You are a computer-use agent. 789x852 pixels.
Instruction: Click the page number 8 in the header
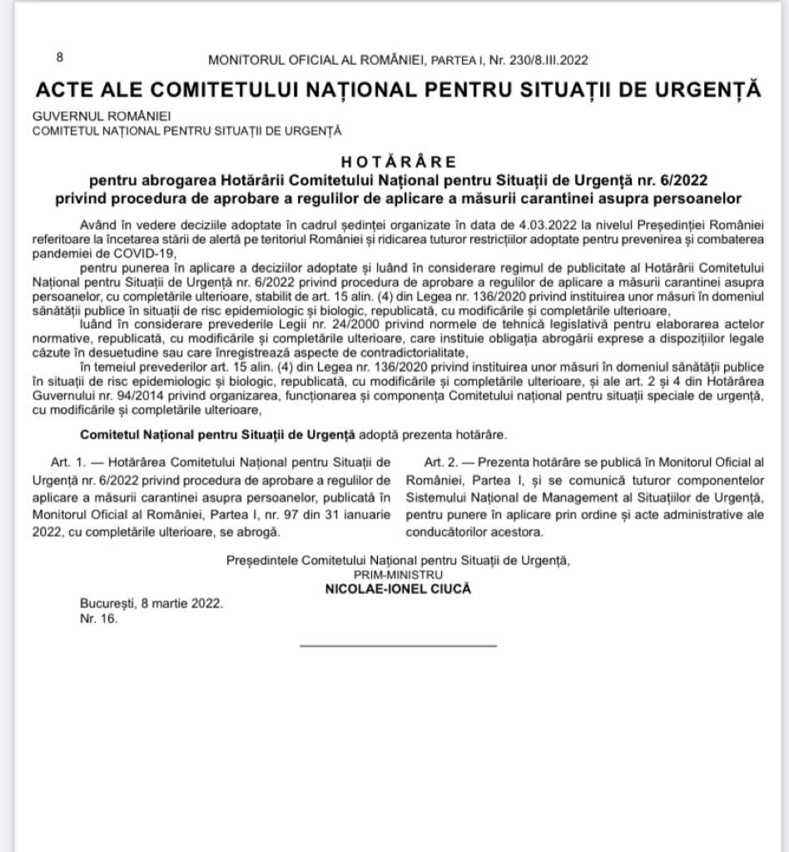coord(60,57)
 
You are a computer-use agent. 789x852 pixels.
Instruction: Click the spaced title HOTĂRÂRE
coord(398,161)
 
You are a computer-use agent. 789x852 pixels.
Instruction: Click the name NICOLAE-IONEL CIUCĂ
coord(398,588)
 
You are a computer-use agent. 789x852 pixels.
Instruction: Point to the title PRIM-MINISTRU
coord(398,574)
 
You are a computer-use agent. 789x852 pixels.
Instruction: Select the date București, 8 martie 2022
coord(151,603)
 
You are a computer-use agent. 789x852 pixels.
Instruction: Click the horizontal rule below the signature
coord(398,645)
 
